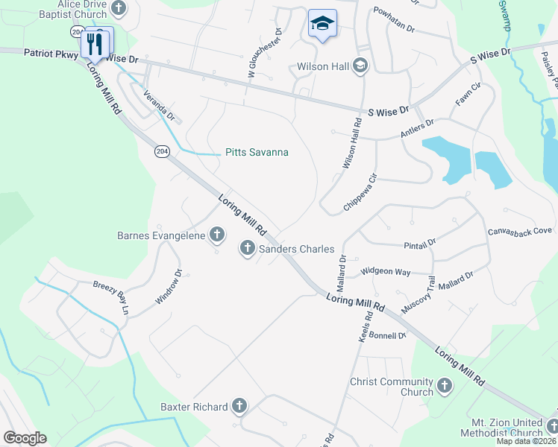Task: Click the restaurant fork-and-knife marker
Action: click(x=94, y=42)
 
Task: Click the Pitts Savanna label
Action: click(x=257, y=153)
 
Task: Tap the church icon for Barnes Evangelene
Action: click(x=217, y=235)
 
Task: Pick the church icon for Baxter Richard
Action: click(x=239, y=406)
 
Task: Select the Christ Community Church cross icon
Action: click(x=445, y=386)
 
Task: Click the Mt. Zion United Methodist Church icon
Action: click(x=552, y=426)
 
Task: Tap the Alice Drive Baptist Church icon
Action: click(x=118, y=8)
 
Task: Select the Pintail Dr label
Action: click(x=419, y=244)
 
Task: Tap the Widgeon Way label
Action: click(x=385, y=273)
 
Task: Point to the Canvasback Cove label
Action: click(x=520, y=232)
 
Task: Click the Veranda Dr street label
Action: click(x=160, y=107)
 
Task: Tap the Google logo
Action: click(x=25, y=438)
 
